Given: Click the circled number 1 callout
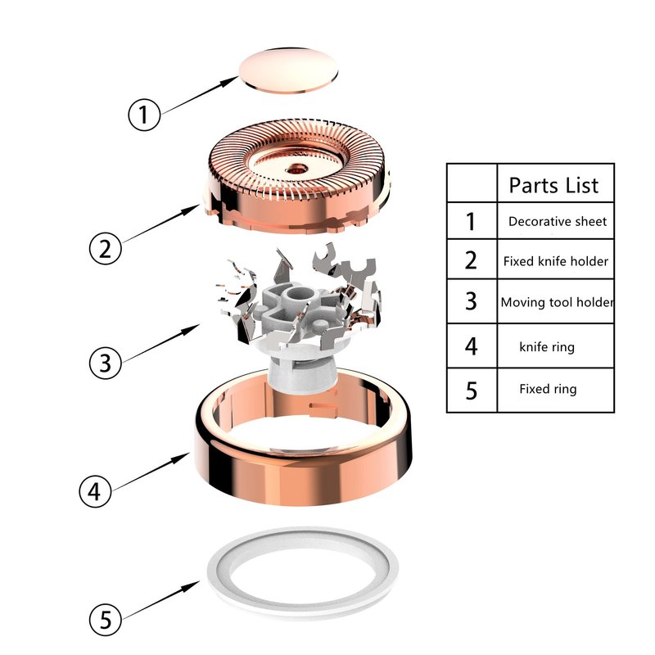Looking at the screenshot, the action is (x=144, y=115).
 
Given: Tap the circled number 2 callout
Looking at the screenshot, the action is (x=106, y=249).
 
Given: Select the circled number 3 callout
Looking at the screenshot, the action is (x=106, y=363).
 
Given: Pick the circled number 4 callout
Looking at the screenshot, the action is (x=95, y=490).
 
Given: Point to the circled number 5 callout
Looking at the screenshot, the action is (x=106, y=619).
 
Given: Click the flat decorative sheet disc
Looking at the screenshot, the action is (x=288, y=70).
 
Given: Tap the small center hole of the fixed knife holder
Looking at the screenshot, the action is (x=297, y=169).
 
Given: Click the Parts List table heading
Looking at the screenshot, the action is (x=554, y=185).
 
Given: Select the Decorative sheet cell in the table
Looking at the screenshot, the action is (x=558, y=221).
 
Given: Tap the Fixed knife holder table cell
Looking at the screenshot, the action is (x=556, y=261).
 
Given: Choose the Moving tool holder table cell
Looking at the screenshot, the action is (x=558, y=301).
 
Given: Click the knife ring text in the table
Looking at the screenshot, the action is (x=547, y=346).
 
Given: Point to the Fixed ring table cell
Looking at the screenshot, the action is (x=548, y=389).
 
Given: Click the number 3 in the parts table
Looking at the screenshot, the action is (x=471, y=300).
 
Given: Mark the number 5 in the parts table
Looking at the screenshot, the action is (x=472, y=391).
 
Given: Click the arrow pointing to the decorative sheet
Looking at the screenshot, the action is (x=200, y=95).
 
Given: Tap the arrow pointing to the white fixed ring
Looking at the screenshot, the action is (x=161, y=600).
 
